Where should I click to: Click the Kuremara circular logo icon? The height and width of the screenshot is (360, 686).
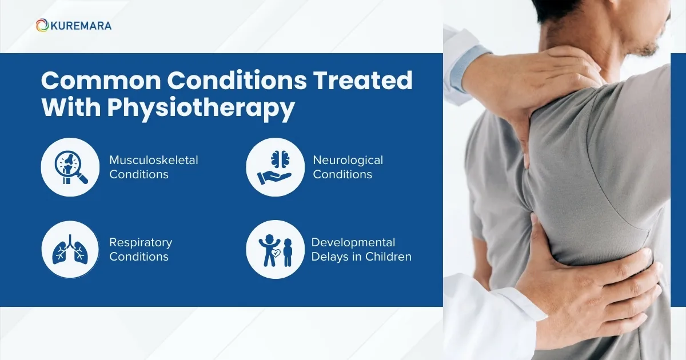pyautogui.click(x=42, y=25)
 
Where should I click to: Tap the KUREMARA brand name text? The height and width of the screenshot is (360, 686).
pyautogui.click(x=81, y=26)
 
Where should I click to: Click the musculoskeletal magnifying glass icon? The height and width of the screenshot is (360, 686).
pyautogui.click(x=70, y=166)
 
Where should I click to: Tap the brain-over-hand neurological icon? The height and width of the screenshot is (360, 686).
pyautogui.click(x=274, y=166)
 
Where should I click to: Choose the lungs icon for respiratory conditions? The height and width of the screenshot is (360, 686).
pyautogui.click(x=70, y=249)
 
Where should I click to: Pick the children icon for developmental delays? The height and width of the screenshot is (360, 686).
pyautogui.click(x=274, y=249)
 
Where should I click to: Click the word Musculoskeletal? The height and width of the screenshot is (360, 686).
pyautogui.click(x=154, y=160)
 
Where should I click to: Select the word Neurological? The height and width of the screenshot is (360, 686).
pyautogui.click(x=348, y=160)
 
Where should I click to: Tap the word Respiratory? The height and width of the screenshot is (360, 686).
pyautogui.click(x=141, y=242)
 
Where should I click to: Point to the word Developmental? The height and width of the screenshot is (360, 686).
pyautogui.click(x=353, y=242)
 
